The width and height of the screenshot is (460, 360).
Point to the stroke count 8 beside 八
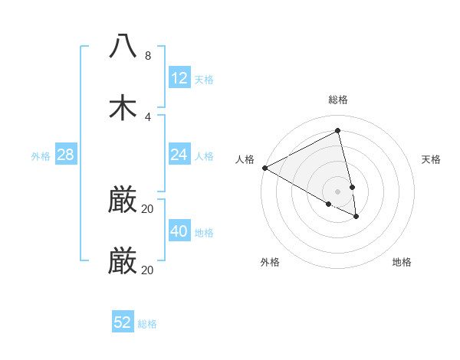tap(147, 56)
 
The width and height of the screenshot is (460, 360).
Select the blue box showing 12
tap(179, 78)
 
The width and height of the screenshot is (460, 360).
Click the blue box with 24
tap(179, 155)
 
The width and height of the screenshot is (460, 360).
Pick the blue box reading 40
tap(179, 231)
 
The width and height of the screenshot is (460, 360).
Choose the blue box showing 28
tap(66, 155)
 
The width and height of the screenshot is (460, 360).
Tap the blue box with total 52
tap(123, 322)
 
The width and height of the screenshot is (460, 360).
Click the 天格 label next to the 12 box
tap(204, 80)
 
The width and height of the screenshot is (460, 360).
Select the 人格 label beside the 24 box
tap(204, 156)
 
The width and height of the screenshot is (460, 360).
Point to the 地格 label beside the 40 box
tap(204, 233)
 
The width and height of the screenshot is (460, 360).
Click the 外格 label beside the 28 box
tap(41, 156)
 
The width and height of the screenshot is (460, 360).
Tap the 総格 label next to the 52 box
tap(147, 324)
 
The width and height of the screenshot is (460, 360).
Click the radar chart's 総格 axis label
tap(338, 100)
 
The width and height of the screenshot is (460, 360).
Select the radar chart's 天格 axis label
tap(432, 159)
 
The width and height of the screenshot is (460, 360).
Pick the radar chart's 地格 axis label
tap(402, 262)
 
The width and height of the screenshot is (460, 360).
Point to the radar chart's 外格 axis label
tap(270, 262)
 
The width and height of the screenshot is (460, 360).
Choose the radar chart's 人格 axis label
tap(245, 159)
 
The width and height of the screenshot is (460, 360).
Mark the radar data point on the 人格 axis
tap(264, 168)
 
